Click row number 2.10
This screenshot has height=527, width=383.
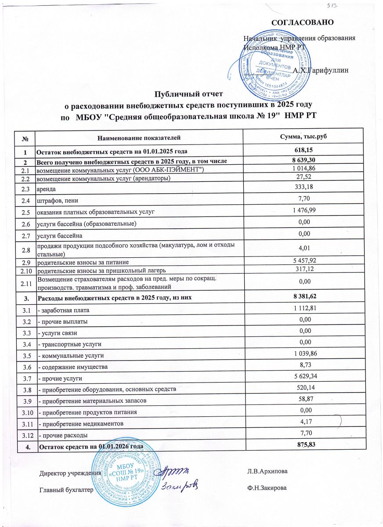click(25, 269)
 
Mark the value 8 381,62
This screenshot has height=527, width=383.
click(303, 298)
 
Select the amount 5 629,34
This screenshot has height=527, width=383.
click(303, 377)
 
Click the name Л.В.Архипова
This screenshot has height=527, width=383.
click(268, 472)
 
